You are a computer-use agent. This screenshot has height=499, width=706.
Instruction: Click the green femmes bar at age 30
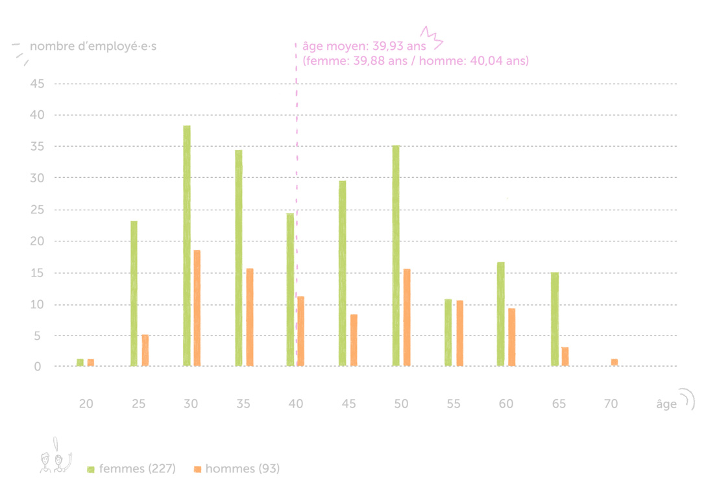(187, 246)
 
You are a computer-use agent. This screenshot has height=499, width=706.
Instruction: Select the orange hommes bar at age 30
(197, 308)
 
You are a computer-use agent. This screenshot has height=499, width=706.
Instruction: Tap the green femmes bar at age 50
(396, 256)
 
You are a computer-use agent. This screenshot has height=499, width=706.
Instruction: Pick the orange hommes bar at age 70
(614, 362)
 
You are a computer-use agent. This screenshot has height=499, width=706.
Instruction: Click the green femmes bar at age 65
(555, 319)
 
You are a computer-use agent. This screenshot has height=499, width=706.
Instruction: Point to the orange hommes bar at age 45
(354, 340)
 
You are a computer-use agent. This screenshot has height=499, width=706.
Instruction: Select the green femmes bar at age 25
(134, 293)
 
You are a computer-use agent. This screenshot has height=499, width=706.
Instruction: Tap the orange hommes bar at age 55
(459, 334)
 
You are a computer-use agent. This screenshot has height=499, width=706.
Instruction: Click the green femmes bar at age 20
(80, 362)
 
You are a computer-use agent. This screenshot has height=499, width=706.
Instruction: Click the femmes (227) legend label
(137, 469)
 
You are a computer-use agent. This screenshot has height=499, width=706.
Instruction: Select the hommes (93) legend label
(242, 469)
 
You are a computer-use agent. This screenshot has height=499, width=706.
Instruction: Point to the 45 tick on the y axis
(36, 84)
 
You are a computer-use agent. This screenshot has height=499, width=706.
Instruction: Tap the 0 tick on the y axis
(38, 367)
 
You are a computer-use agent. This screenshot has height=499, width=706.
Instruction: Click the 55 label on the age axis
(453, 404)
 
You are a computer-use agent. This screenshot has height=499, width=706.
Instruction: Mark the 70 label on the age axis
(611, 404)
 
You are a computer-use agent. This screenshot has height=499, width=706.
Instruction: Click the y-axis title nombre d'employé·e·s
(93, 47)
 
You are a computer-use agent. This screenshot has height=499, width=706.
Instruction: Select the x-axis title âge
(666, 404)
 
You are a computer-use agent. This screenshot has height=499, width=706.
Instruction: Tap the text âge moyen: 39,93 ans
(364, 47)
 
